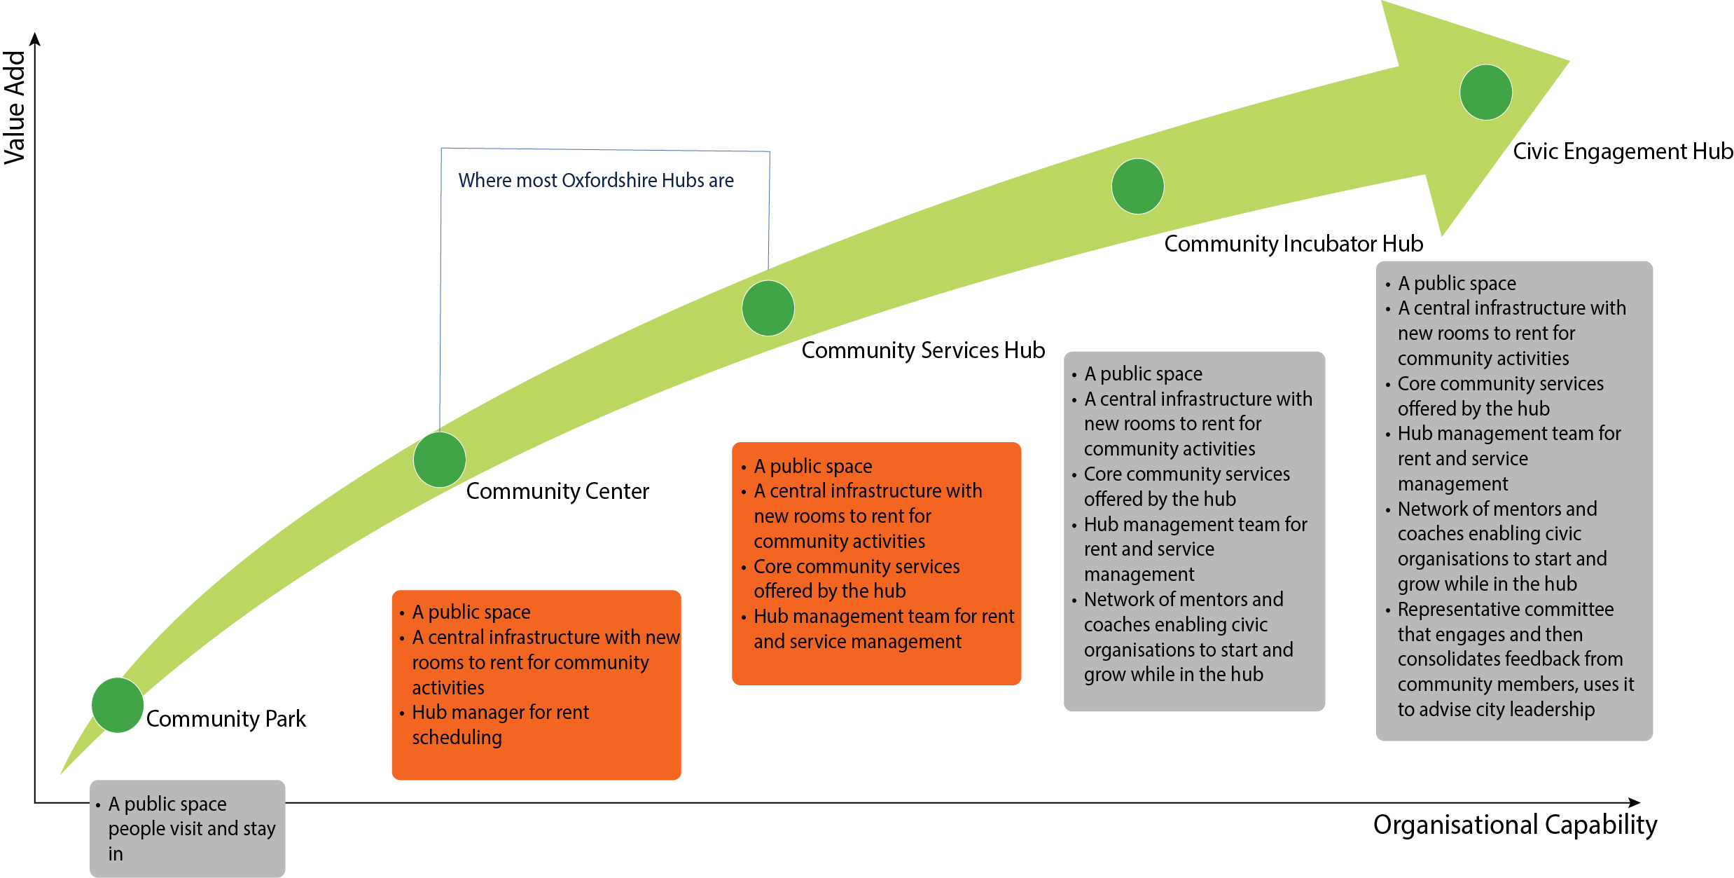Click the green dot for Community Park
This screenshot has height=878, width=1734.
click(118, 705)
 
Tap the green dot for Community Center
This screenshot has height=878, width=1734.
click(440, 460)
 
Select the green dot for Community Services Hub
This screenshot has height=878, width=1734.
click(768, 308)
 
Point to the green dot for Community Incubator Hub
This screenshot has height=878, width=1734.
click(1138, 186)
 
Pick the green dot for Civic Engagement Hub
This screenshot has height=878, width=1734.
click(1486, 92)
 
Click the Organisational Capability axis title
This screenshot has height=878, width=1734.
click(1515, 825)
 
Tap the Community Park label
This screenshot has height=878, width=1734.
click(226, 719)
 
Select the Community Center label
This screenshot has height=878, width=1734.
click(557, 491)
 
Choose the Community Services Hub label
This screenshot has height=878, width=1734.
click(923, 350)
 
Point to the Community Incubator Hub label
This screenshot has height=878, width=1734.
click(1293, 244)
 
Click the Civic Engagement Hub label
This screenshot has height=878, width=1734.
click(1623, 151)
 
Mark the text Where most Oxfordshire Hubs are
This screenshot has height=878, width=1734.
click(596, 181)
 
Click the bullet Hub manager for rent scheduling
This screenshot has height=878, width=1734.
click(501, 725)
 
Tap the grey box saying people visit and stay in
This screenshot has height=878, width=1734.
click(188, 828)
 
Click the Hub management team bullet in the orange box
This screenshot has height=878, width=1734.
click(884, 629)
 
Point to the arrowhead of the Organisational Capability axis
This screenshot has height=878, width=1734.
click(1635, 802)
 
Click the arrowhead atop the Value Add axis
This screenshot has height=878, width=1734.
click(35, 39)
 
